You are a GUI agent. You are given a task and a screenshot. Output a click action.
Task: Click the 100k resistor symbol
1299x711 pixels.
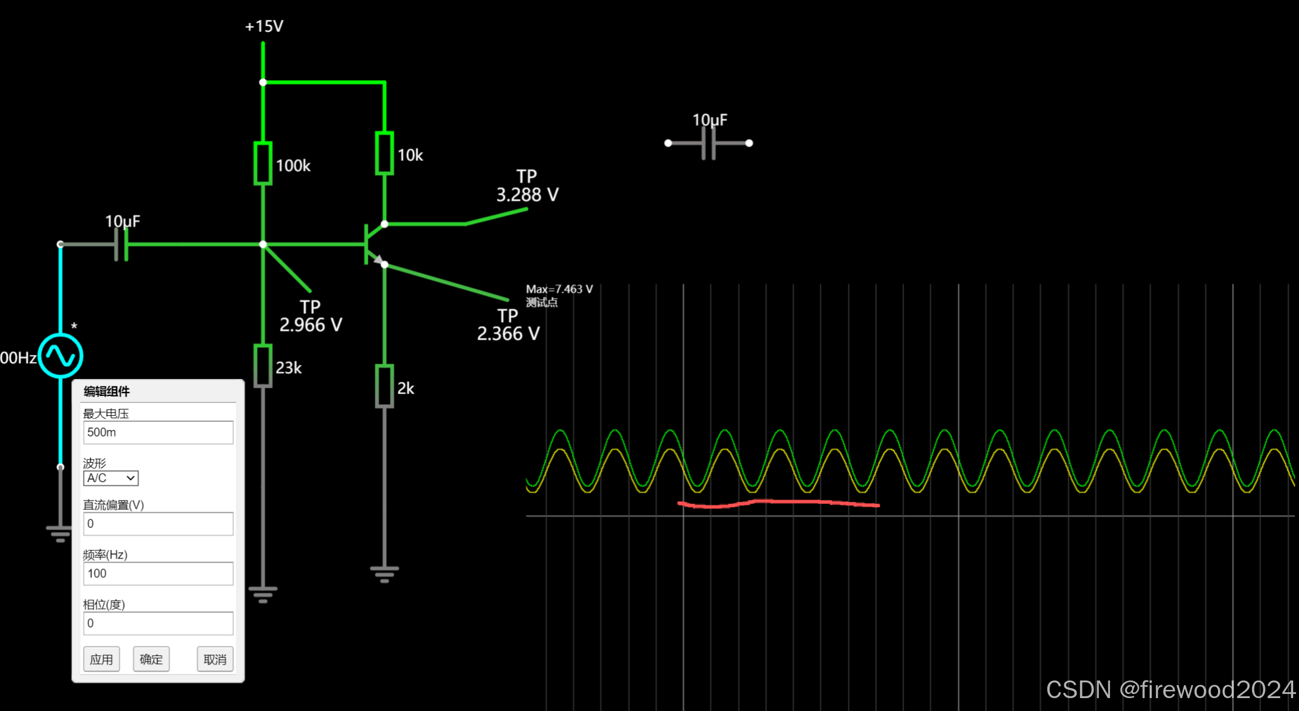coord(263,163)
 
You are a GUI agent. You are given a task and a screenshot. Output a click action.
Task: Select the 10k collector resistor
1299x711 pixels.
coord(384,153)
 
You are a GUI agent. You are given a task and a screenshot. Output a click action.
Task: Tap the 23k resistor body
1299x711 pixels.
coord(263,366)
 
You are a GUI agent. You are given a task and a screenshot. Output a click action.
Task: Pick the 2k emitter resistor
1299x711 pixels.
coord(384,386)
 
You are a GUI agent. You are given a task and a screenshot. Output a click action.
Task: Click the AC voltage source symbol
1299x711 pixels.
coord(60,355)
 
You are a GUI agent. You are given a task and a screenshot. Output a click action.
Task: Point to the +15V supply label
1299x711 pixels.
coord(264,26)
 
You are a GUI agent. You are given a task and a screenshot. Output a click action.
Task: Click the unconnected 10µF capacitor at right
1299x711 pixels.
coord(709,143)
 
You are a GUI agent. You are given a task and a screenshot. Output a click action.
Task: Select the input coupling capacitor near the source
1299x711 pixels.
coord(121,244)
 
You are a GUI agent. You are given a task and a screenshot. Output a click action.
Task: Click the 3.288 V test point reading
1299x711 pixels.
coord(527,194)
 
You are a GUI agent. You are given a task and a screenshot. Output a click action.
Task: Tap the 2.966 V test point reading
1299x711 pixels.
coord(310,324)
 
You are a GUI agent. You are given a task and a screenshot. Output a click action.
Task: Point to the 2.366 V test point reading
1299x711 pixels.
coord(508,333)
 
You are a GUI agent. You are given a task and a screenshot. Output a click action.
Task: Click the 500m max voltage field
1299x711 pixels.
coord(158,432)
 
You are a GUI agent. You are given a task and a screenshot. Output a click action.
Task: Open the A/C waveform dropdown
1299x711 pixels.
coord(111,478)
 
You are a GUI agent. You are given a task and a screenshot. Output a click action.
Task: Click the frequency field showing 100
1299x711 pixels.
coord(158,573)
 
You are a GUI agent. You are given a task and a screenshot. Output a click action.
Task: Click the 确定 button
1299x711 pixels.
coord(151,659)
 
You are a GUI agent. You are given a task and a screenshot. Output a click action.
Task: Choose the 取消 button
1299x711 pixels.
coord(215,659)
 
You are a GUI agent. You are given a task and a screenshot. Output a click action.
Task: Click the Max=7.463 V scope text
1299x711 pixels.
coord(559,289)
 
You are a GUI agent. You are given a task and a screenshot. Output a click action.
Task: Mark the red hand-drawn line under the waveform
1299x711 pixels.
coord(778,503)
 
